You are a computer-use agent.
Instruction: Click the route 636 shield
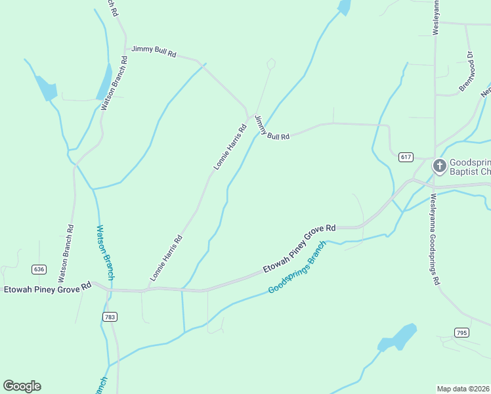(x=39, y=269)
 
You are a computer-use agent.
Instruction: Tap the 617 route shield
(x=405, y=156)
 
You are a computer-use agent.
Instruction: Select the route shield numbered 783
(x=110, y=317)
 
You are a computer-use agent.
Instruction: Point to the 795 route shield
(x=461, y=333)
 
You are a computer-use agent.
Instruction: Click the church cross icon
(x=438, y=165)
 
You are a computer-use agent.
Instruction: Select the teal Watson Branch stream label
(x=105, y=253)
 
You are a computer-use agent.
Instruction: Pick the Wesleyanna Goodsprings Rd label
(x=434, y=240)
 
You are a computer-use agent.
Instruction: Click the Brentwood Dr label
(x=466, y=72)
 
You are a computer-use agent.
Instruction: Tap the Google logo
(x=22, y=386)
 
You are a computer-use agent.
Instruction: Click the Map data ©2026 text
(x=463, y=389)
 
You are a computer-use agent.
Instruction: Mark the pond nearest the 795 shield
(x=398, y=338)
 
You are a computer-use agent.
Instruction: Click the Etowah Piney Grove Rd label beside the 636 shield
(x=47, y=288)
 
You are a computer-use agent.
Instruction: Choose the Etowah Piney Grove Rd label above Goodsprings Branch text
(x=299, y=249)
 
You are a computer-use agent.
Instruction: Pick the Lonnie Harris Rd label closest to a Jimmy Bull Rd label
(x=230, y=148)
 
